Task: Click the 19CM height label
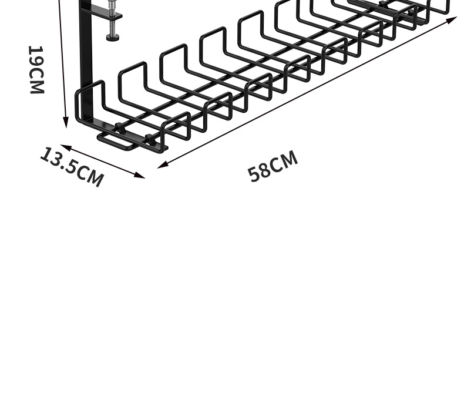(36, 69)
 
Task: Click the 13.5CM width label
(72, 167)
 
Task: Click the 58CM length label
(273, 166)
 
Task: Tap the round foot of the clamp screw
(112, 38)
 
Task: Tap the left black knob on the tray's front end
(119, 127)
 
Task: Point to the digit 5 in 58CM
(254, 174)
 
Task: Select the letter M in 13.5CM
(95, 179)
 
